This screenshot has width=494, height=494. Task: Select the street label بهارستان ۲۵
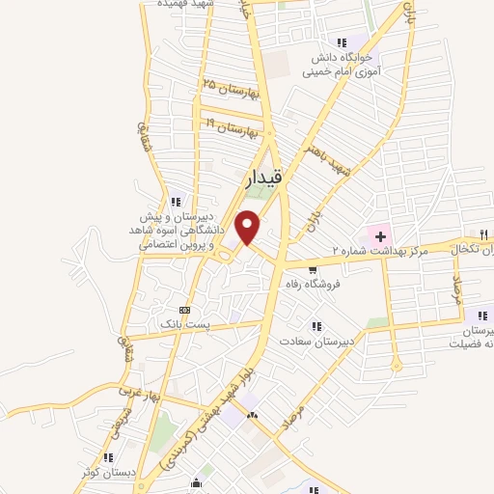tap(229, 86)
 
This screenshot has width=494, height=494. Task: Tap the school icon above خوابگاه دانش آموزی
tap(342, 42)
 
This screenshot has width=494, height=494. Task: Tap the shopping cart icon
tap(312, 269)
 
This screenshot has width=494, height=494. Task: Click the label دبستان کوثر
tap(102, 474)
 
